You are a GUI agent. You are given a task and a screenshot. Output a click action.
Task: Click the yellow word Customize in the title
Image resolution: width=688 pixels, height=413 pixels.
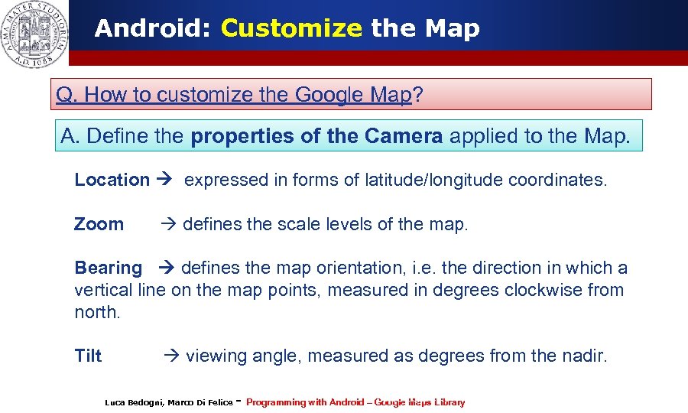pyautogui.click(x=290, y=29)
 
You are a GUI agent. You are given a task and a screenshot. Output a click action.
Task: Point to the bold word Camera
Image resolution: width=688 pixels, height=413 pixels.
pyautogui.click(x=405, y=137)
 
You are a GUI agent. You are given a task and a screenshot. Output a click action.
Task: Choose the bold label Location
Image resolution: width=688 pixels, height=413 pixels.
pyautogui.click(x=112, y=180)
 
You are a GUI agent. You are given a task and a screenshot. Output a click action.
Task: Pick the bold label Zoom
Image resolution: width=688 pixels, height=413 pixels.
pyautogui.click(x=99, y=225)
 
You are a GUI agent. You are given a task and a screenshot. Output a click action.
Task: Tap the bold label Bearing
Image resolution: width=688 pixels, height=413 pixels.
pyautogui.click(x=108, y=268)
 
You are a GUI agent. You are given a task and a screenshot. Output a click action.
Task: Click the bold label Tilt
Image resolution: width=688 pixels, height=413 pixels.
pyautogui.click(x=88, y=356)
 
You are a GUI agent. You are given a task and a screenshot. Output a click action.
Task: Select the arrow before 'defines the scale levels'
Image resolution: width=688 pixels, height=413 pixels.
pyautogui.click(x=168, y=225)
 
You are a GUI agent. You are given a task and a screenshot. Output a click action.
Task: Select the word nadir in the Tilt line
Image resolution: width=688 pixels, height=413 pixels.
pyautogui.click(x=585, y=356)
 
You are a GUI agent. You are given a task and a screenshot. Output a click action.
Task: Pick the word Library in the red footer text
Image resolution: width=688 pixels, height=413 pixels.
pyautogui.click(x=449, y=402)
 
